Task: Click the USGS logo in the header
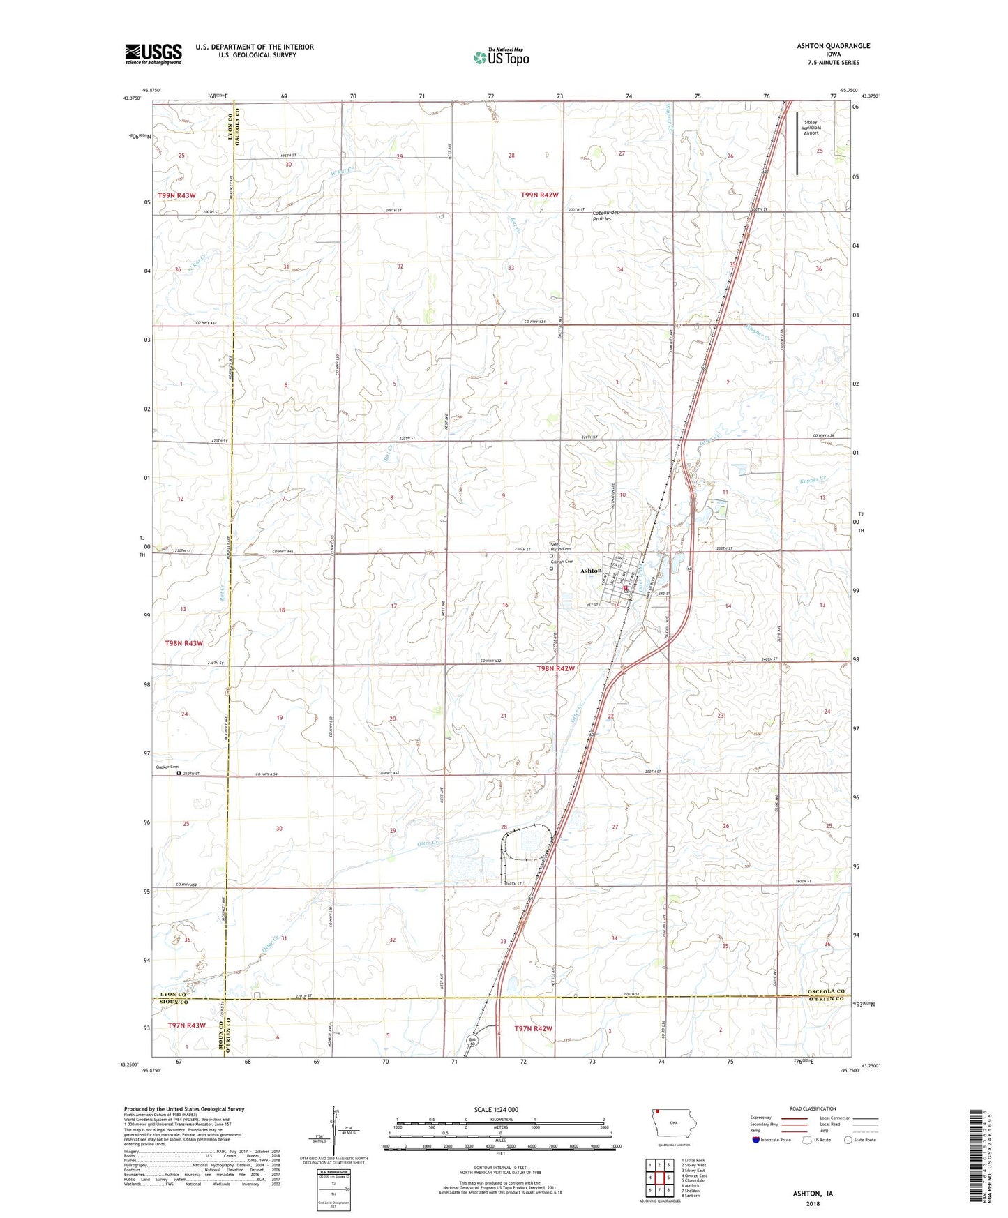153,54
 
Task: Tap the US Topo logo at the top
500,57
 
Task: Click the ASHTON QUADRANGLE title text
833,46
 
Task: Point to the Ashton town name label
591,571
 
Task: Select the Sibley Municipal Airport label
811,127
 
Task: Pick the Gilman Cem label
562,562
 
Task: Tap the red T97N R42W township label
534,1028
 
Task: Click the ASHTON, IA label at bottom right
812,1194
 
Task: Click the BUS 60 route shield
472,1040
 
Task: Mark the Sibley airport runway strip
797,144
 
